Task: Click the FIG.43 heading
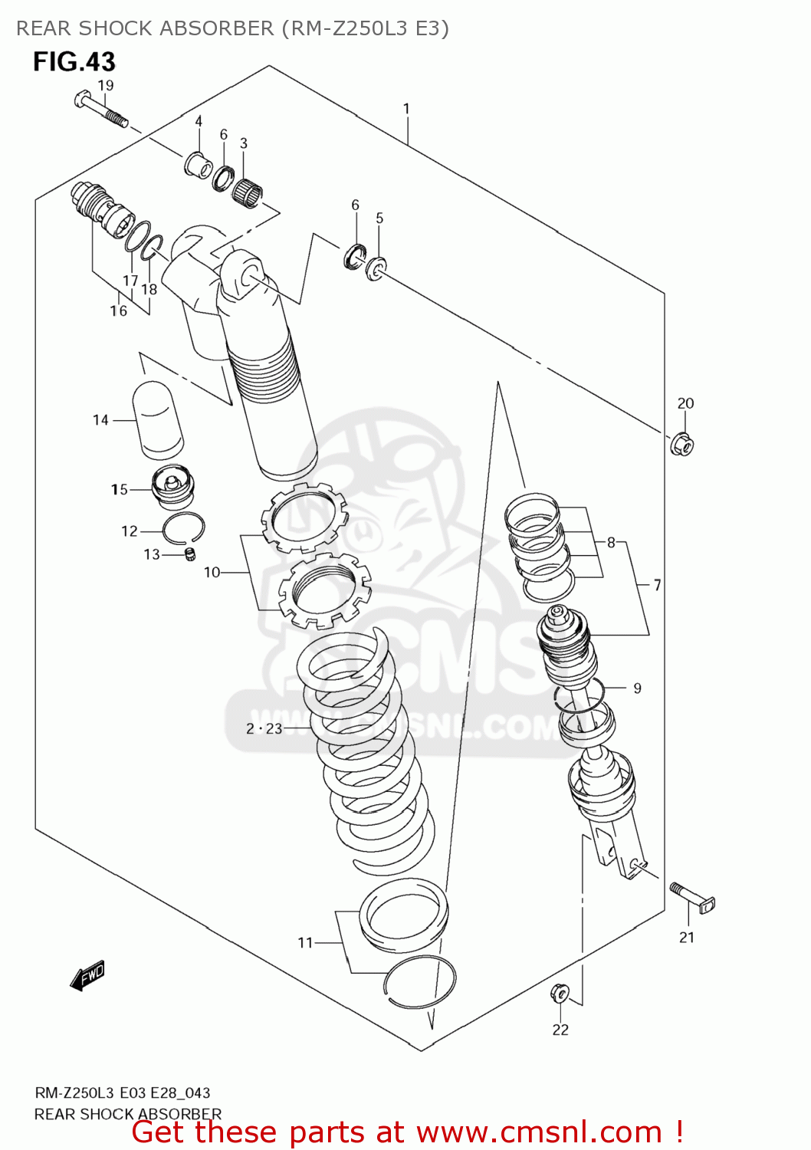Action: (x=74, y=61)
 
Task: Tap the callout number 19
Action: (x=106, y=85)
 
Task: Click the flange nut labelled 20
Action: (x=682, y=443)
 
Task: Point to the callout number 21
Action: (x=687, y=937)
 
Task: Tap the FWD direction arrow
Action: (x=87, y=975)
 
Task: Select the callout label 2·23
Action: (x=264, y=728)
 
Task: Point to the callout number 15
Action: (x=119, y=489)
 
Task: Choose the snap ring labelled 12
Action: (x=183, y=527)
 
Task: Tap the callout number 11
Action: (x=305, y=942)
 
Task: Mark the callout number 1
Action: (x=406, y=109)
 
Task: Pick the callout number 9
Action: (x=637, y=688)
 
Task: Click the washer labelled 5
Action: (x=376, y=268)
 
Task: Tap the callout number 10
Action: (x=212, y=572)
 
